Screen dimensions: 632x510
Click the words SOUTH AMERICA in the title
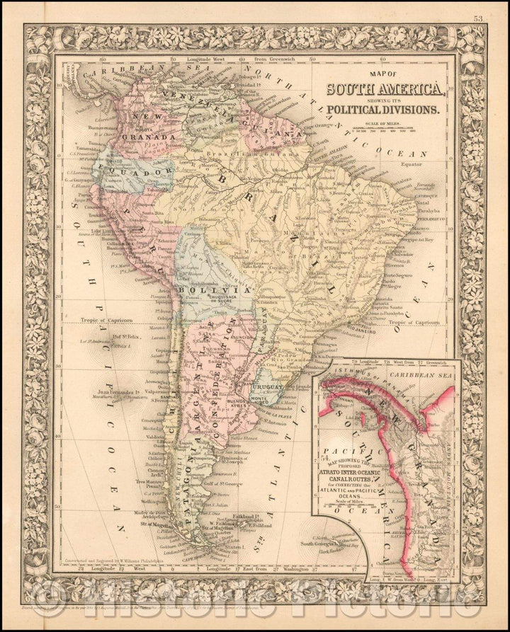tap(385, 90)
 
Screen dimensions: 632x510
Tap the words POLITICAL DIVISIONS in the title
tap(385, 110)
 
